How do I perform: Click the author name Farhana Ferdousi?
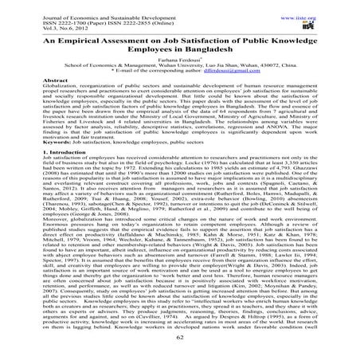(x=178, y=61)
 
